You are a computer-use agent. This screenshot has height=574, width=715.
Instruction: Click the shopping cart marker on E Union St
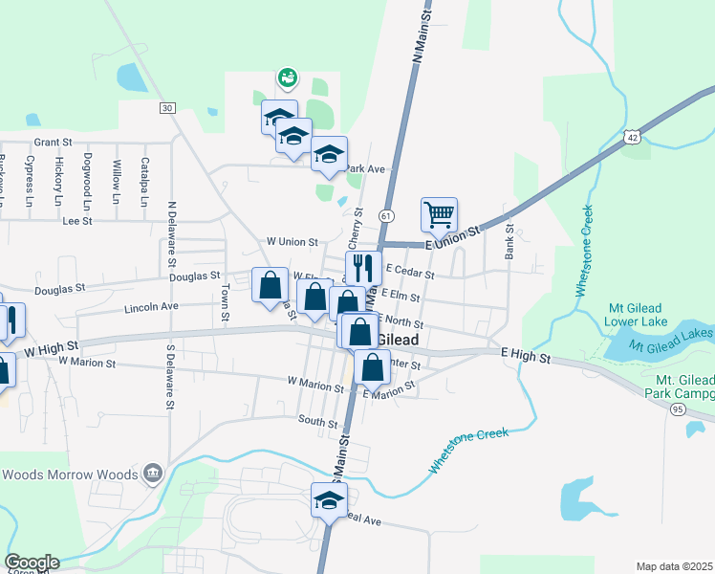coord(439,215)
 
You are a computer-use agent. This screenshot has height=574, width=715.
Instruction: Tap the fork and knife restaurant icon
coord(363,267)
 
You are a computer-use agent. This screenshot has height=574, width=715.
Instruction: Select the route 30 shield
coord(167,108)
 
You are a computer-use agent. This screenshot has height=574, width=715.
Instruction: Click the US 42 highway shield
coord(632,138)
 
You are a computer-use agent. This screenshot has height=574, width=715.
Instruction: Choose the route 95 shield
coord(678,408)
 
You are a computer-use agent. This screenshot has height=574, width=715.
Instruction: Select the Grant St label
coord(54,142)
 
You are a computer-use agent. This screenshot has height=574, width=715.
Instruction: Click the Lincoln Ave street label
coord(152,307)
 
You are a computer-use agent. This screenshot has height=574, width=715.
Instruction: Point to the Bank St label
coord(509,240)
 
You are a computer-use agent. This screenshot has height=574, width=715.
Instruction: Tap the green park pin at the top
coord(286,76)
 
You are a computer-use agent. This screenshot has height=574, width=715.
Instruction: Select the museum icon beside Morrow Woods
coord(152,473)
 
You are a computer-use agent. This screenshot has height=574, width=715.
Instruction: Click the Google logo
coord(32,563)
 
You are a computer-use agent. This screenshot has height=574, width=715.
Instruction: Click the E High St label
coord(528,356)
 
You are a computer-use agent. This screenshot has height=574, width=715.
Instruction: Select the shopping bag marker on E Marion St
coord(372,366)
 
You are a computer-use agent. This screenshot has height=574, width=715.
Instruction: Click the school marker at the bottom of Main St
coord(329,500)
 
